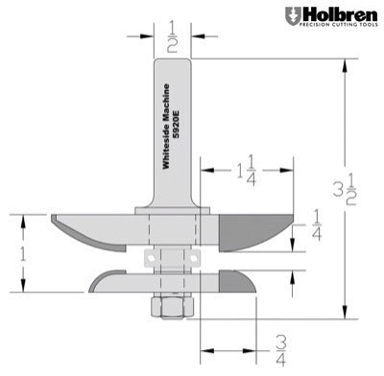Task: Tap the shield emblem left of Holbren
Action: click(x=291, y=16)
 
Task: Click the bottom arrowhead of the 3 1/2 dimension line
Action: click(x=342, y=314)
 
